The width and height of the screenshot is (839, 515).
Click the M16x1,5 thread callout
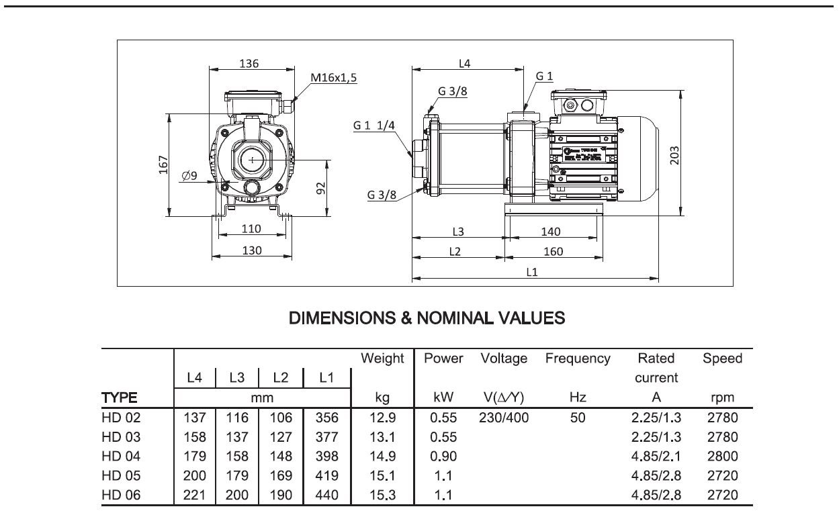coord(334,77)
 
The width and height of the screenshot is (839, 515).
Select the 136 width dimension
coord(249,64)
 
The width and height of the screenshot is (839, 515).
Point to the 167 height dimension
coord(163,165)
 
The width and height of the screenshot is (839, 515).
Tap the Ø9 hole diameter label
coord(189,176)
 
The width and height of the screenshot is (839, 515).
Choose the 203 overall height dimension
coord(675,154)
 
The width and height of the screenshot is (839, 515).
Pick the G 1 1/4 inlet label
coord(375,126)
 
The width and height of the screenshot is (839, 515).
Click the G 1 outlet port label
coord(544,77)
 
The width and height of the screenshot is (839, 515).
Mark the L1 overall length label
coord(532,272)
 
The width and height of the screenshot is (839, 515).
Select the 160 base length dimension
coord(552,252)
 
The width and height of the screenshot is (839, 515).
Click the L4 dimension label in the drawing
coord(465,64)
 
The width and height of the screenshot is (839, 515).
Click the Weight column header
coord(382,359)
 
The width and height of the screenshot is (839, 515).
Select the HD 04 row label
coord(122,456)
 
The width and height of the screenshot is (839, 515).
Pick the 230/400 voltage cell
coord(504,418)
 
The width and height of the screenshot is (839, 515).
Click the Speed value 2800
coord(722,456)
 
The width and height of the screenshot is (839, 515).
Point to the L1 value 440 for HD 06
coord(326,495)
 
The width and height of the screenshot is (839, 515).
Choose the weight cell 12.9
coord(382,418)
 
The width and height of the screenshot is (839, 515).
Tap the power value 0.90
coord(443,456)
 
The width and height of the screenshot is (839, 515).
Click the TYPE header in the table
coord(120,397)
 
